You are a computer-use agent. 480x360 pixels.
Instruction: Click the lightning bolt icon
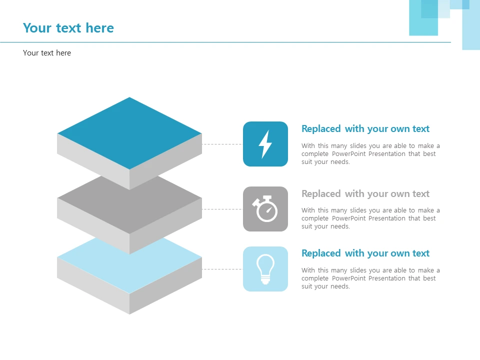265,144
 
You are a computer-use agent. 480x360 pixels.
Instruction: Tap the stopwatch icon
265,209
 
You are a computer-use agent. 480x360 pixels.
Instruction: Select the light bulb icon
265,269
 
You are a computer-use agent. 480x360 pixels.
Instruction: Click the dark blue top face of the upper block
129,133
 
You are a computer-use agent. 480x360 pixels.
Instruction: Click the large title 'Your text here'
68,28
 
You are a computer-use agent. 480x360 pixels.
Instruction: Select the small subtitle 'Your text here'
47,53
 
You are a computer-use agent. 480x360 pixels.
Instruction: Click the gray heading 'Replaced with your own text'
365,194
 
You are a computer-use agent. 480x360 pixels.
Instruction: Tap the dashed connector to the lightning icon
222,144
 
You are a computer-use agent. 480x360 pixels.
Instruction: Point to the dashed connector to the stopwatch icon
222,209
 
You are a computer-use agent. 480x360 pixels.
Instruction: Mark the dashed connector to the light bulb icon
222,269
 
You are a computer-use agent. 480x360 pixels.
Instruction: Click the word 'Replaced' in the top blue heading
321,129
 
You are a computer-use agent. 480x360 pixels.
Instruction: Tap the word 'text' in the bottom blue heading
421,253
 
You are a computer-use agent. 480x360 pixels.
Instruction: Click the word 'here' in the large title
100,28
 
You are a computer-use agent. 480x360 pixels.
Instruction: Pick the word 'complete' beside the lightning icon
315,154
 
